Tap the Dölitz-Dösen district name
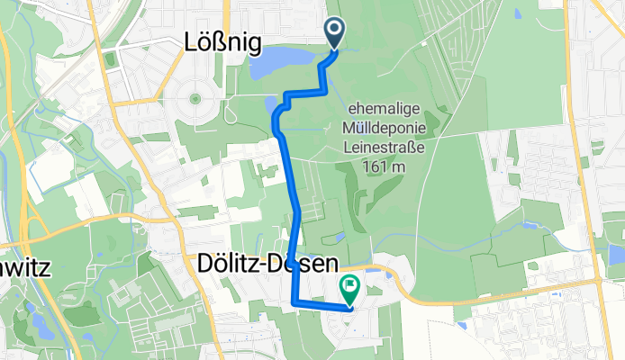pos(267,264)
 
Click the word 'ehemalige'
pos(376,109)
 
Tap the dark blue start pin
pos(335,33)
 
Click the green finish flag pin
pos(349,289)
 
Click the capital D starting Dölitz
pos(204,264)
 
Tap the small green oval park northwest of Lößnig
pos(111,60)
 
